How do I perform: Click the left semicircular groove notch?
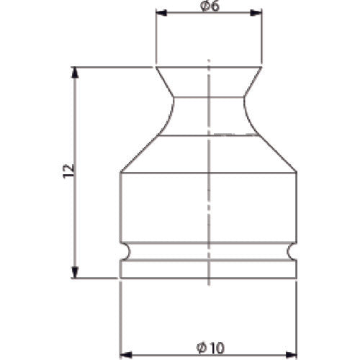click(124, 251)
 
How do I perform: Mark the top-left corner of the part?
click(156, 67)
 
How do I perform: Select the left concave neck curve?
click(167, 115)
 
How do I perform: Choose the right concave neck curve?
click(250, 115)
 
